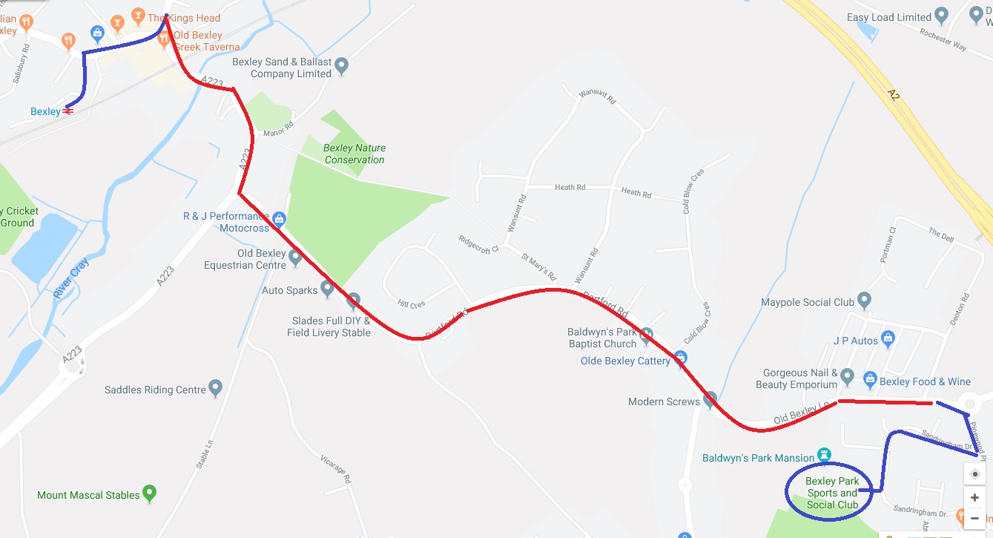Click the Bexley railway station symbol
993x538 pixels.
[x=68, y=111]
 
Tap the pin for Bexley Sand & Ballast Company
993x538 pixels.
[x=342, y=66]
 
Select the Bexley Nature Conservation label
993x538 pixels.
[x=354, y=154]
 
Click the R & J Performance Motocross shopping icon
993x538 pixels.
[x=279, y=218]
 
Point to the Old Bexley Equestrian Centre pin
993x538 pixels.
[x=295, y=257]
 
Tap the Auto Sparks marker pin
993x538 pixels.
[x=327, y=288]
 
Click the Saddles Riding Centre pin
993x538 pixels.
[x=216, y=387]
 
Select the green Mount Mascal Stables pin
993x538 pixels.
[x=150, y=492]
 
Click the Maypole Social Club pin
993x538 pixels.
[x=864, y=300]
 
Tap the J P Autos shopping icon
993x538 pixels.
[x=888, y=340]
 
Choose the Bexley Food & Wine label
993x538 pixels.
[x=925, y=381]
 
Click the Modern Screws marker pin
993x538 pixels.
[x=710, y=400]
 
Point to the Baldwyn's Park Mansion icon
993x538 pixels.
[x=823, y=453]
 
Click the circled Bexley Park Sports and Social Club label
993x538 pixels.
[x=831, y=493]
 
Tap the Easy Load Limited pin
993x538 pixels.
[x=942, y=16]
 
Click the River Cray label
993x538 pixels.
[x=71, y=278]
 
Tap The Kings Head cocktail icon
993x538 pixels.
[x=137, y=16]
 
